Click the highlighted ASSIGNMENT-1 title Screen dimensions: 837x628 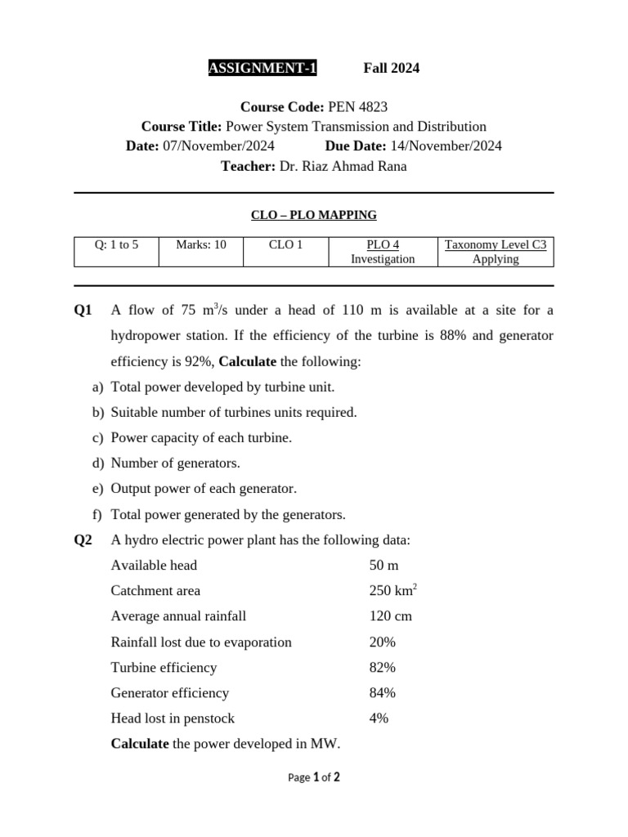(262, 68)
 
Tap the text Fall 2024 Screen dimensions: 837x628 (391, 68)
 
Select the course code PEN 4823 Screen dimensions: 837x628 (357, 107)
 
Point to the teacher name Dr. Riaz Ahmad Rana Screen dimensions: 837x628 (343, 166)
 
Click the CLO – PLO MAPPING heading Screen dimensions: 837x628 (313, 215)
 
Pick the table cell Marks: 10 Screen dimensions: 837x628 (201, 244)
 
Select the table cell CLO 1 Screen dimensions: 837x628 (285, 244)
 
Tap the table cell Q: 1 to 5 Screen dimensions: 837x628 (116, 244)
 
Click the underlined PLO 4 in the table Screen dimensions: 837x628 (383, 244)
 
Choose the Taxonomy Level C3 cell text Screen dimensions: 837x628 (495, 244)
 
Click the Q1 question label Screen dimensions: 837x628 (83, 311)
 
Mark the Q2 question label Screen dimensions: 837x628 (83, 540)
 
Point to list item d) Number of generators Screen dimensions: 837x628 (175, 463)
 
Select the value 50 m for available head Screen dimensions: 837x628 (383, 566)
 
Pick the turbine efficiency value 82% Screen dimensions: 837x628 (382, 668)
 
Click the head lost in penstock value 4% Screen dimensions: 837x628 (379, 718)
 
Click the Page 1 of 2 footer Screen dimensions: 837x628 (314, 777)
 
